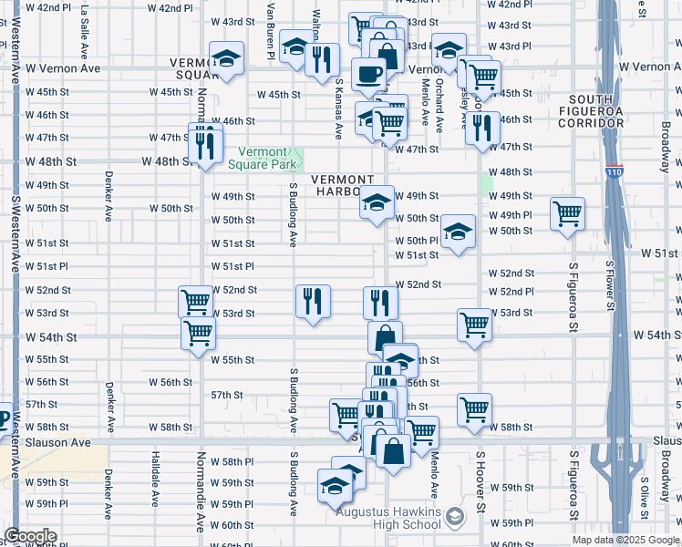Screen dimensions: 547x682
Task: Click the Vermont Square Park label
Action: (x=270, y=159)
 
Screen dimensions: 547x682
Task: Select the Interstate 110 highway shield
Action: (x=613, y=170)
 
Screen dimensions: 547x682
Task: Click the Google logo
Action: (x=30, y=536)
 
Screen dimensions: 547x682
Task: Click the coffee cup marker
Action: (x=369, y=75)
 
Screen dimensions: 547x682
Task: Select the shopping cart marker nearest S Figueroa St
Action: (x=567, y=214)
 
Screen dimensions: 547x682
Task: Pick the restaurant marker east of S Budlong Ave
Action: (x=313, y=301)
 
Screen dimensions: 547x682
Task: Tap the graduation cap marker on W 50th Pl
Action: (x=458, y=232)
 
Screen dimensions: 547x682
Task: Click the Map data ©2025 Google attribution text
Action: (x=625, y=540)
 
